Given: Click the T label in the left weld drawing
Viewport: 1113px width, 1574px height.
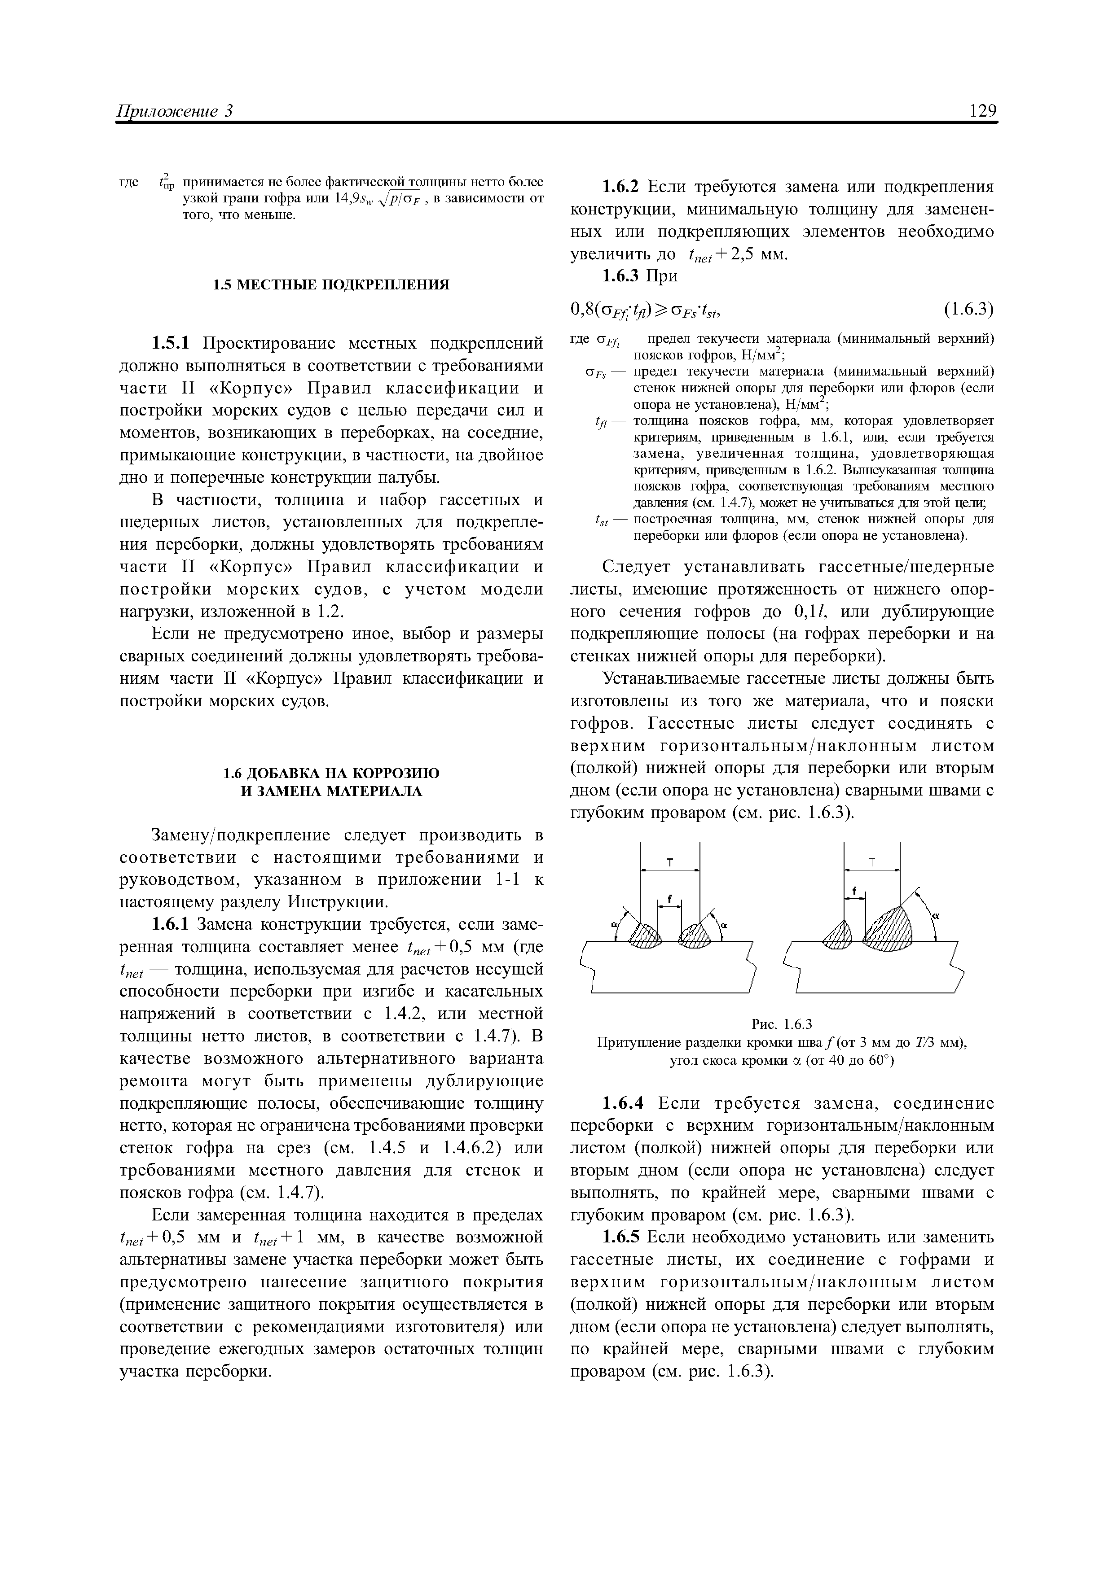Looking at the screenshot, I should [670, 863].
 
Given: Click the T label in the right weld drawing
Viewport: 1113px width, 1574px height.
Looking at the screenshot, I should [872, 863].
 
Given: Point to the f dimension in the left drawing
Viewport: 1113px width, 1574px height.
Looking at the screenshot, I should [669, 899].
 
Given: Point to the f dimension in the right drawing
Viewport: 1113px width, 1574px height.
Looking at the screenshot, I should [854, 891].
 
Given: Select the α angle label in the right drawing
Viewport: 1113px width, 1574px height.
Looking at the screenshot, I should [935, 916].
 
